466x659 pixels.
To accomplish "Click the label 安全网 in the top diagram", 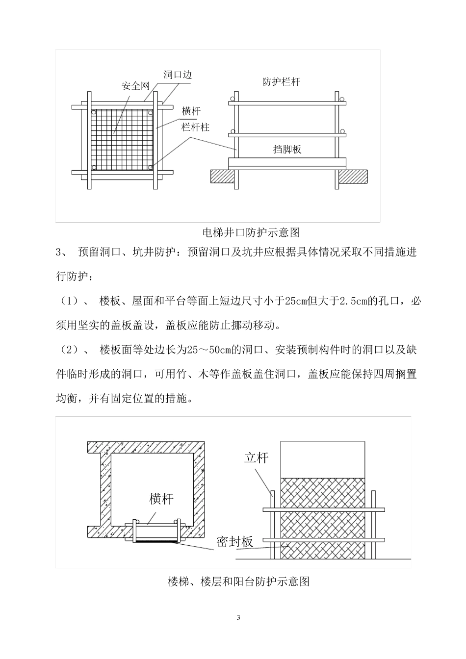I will [x=135, y=86].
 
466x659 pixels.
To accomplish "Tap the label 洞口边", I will [x=177, y=75].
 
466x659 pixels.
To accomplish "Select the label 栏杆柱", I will [x=196, y=127].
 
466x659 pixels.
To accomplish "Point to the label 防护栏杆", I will [x=281, y=82].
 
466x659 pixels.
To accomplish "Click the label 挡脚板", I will [x=287, y=150].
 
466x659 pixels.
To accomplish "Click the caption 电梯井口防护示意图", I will [x=251, y=232].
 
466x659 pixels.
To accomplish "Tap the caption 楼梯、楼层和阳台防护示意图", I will [x=238, y=582].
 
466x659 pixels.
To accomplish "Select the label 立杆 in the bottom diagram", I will [x=257, y=457].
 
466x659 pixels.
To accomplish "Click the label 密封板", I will [x=235, y=541].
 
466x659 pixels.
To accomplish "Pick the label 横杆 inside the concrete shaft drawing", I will [x=161, y=499].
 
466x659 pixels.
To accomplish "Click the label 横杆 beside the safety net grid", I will [x=191, y=111].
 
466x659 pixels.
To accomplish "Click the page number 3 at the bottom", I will [x=238, y=617].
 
